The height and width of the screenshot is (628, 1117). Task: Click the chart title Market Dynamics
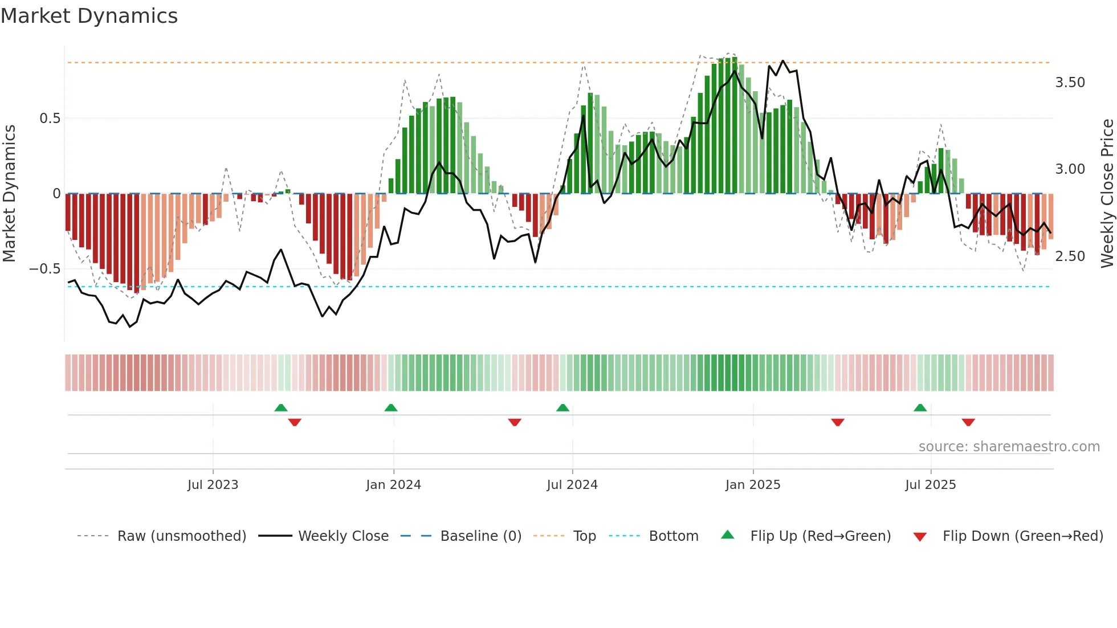89,16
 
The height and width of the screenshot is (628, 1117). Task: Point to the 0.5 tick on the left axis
50,119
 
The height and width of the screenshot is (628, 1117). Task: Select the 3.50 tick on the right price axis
1070,83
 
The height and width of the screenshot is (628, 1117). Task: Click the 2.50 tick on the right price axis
1070,256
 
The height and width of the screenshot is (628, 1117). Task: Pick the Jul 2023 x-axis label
213,485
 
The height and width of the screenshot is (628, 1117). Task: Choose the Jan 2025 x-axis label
752,485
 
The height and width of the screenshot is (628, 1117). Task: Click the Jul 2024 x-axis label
572,485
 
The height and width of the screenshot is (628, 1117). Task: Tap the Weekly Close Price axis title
1107,193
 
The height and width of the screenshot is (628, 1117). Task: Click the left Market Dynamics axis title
9,193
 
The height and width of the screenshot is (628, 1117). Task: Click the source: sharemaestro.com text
1009,447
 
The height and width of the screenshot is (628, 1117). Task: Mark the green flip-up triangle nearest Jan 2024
391,408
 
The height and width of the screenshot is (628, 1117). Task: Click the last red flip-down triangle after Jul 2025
968,422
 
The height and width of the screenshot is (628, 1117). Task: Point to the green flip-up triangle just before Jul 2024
562,408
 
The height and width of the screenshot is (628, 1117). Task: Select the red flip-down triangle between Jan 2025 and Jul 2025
837,422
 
